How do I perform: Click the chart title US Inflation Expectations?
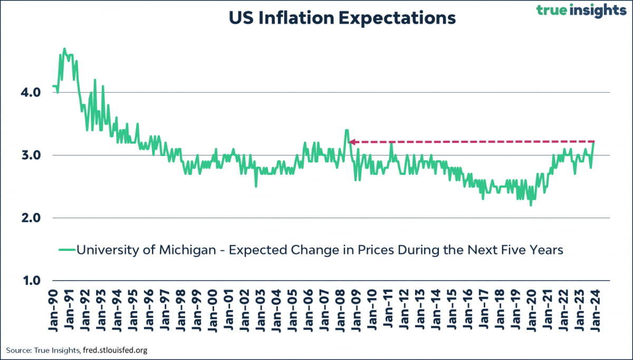click(x=342, y=18)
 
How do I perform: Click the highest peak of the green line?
click(x=64, y=49)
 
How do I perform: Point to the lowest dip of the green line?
click(x=531, y=205)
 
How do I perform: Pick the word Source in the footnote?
click(x=17, y=350)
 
